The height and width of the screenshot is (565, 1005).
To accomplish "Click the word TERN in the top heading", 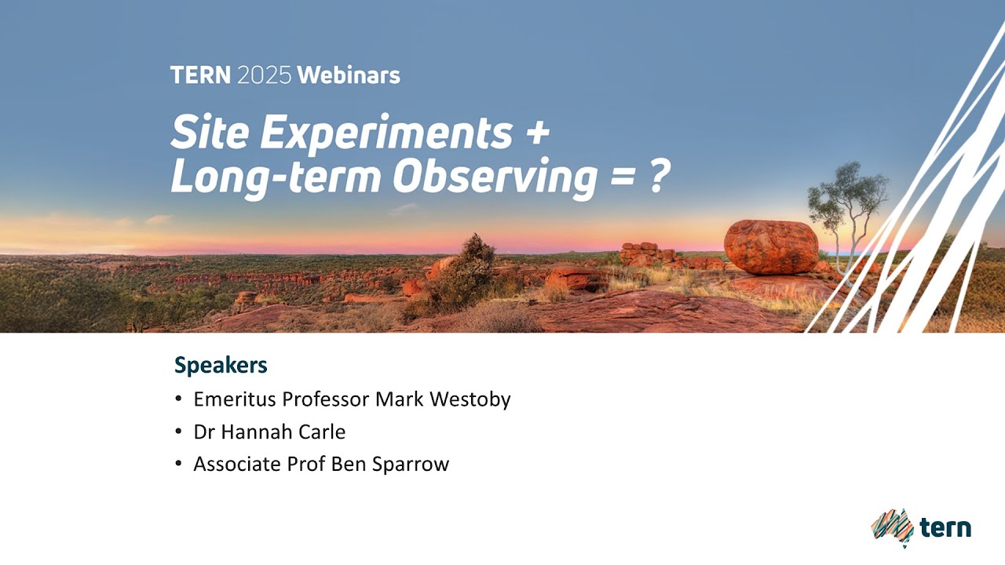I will (x=200, y=75).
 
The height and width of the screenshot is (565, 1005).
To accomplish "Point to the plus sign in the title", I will (x=535, y=134).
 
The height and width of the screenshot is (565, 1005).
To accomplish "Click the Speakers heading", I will (x=221, y=365).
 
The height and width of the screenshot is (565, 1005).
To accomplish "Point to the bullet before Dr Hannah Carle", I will (x=179, y=432).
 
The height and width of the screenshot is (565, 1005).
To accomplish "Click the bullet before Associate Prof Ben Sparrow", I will (x=179, y=465).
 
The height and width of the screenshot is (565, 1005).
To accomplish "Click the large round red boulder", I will (x=770, y=246).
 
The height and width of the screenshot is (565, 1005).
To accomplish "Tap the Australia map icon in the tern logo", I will (x=892, y=527).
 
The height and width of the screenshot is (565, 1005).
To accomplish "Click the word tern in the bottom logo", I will (x=945, y=527).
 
